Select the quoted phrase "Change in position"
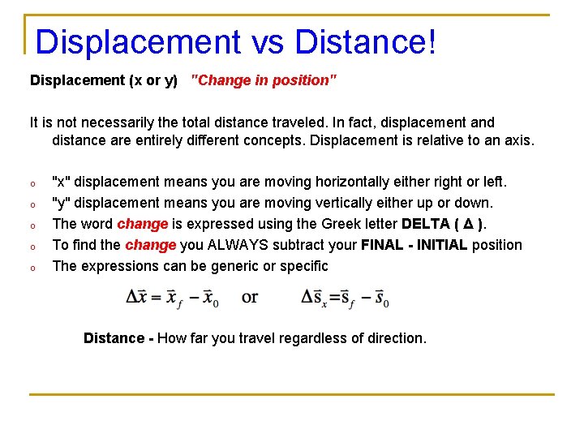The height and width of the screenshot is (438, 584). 264,80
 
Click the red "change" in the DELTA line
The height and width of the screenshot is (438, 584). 142,223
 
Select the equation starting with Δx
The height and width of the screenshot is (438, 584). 172,297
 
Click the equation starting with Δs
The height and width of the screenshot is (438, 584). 346,297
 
